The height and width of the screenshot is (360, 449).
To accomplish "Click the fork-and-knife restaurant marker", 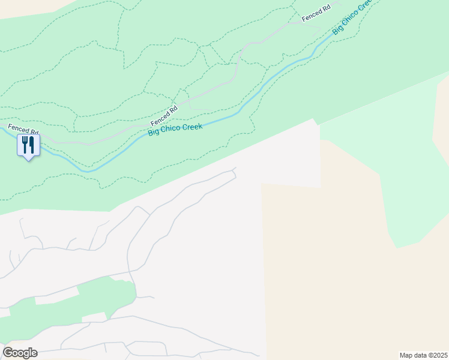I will click(28, 146).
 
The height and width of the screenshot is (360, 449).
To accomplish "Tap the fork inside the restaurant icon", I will click(25, 144).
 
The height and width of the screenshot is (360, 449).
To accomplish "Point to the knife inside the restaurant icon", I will click(31, 144).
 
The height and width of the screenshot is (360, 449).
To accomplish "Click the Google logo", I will click(20, 353).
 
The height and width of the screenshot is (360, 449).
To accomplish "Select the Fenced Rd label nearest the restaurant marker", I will click(24, 129).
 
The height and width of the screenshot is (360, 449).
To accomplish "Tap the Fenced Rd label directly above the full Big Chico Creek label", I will click(164, 112).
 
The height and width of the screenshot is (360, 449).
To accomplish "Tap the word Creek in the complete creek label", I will click(193, 125).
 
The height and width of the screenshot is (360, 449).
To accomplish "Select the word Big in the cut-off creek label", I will click(338, 29).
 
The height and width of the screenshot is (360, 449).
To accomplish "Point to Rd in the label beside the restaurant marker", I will click(35, 131).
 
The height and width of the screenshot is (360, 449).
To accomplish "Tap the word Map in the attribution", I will click(407, 355).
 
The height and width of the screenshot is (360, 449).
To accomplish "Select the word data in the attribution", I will click(421, 355).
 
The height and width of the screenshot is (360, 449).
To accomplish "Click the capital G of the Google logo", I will click(7, 353).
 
